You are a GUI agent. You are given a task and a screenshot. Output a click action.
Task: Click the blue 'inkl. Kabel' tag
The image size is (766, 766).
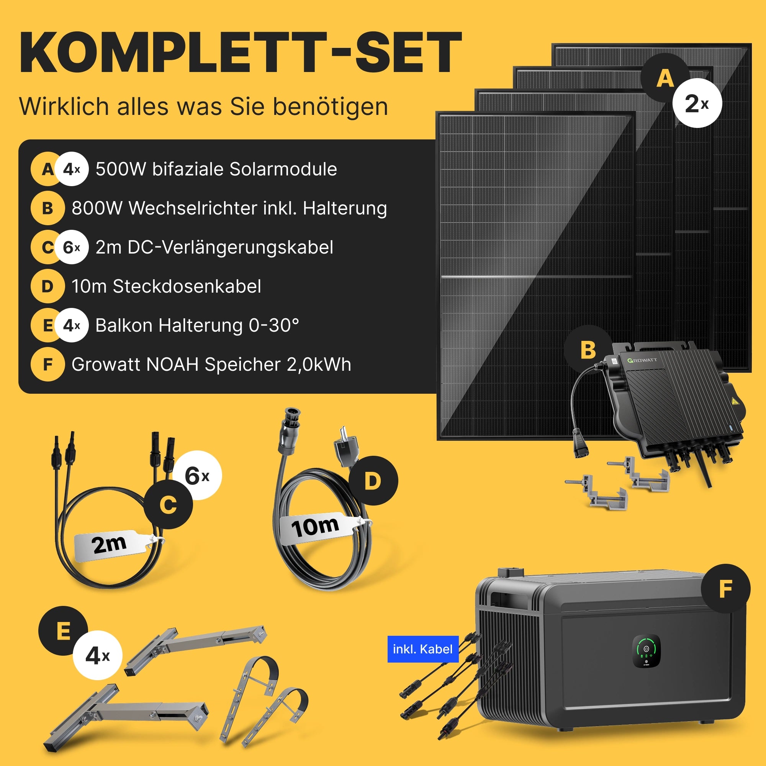coord(423,649)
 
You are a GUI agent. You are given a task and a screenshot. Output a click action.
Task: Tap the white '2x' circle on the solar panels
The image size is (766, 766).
coord(697,103)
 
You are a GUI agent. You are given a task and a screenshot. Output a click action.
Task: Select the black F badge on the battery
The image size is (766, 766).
coord(725,589)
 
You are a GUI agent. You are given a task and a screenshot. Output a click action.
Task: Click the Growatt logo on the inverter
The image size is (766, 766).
coord(642,360)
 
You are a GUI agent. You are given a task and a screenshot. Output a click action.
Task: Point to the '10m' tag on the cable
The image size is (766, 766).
coord(317,527)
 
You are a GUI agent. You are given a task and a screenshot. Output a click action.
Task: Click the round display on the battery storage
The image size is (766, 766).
coord(646,651)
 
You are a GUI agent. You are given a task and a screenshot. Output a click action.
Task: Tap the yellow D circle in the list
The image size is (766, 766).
coord(47,286)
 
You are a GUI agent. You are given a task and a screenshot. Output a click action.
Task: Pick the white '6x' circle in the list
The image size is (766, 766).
coord(72,247)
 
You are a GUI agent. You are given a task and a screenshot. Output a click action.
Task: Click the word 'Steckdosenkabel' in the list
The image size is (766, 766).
coord(187,286)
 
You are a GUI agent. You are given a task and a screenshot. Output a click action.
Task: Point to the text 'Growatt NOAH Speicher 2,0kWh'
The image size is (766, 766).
coord(211,365)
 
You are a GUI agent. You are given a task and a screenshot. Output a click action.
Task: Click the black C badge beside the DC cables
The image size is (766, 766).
coord(168,505)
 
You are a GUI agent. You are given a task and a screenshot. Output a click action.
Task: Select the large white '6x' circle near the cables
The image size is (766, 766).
coord(197,475)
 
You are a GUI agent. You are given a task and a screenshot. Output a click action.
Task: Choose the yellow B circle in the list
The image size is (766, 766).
coord(47,208)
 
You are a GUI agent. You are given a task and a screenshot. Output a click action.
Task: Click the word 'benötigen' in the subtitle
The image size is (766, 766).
coord(331,107)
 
